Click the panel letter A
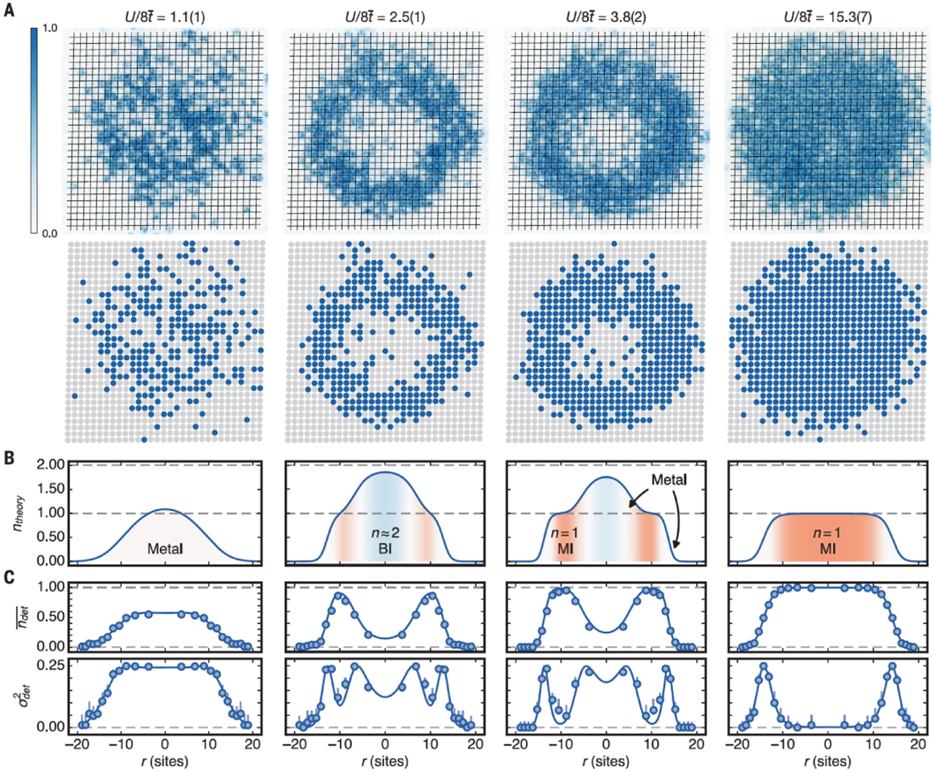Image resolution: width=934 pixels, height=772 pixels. (9, 10)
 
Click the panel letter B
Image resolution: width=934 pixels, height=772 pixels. (9, 457)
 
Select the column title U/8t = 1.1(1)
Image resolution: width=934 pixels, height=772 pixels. (165, 17)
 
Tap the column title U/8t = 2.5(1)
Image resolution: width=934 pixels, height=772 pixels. (385, 17)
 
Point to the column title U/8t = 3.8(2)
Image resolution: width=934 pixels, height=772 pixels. (606, 17)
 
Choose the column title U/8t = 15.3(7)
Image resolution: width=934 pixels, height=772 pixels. (827, 17)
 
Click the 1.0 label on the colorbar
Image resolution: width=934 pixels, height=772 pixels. (50, 28)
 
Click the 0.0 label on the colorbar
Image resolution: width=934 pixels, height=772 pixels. (50, 234)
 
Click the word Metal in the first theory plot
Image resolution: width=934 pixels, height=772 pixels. (165, 549)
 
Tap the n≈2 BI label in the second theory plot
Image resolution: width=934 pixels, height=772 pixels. (385, 541)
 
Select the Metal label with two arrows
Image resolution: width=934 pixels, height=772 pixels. (669, 480)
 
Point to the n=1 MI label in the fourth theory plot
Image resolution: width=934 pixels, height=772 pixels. (827, 541)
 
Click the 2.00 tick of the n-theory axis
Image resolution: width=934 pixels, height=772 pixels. (50, 465)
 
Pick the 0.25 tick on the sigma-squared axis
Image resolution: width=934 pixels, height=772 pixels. (50, 665)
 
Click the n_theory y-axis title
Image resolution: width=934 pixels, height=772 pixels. (19, 513)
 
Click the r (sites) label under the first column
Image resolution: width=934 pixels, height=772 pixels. (165, 761)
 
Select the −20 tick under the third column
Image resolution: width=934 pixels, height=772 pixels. (515, 744)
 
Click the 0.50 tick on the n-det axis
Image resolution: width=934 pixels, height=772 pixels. (50, 616)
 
